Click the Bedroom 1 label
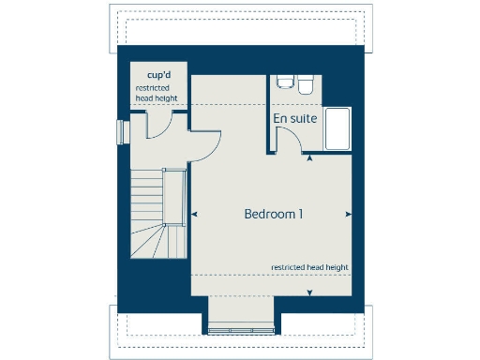(273, 214)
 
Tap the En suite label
(293, 119)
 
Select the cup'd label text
(157, 74)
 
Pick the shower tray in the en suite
(337, 128)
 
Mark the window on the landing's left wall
(119, 132)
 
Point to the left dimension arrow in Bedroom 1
(195, 215)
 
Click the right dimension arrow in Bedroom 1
(349, 215)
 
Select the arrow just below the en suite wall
(311, 157)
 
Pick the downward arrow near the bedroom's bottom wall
(310, 292)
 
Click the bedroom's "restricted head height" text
(309, 267)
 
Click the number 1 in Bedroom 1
(300, 214)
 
